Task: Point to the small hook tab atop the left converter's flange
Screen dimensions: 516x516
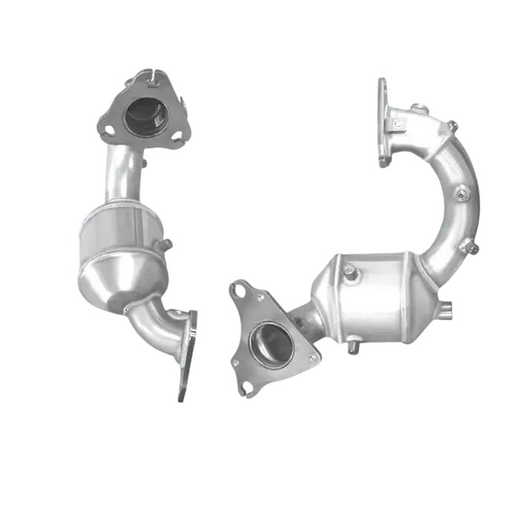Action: coord(148,74)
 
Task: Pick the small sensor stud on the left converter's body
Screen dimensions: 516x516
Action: coord(168,242)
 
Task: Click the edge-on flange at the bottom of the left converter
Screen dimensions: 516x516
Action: coord(189,354)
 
